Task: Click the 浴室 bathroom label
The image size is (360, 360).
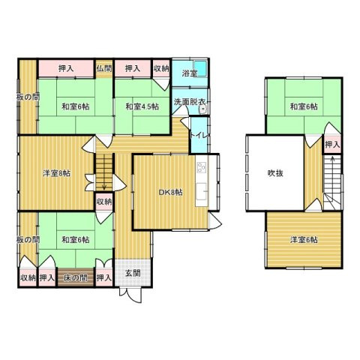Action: click(x=189, y=73)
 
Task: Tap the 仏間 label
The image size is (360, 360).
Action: click(x=104, y=68)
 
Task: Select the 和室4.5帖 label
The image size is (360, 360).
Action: click(x=142, y=106)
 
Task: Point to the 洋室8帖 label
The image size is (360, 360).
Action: click(x=56, y=173)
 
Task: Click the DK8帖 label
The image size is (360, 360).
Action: click(x=171, y=192)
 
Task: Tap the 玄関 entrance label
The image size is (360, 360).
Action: click(x=133, y=273)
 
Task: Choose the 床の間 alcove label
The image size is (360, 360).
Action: click(x=76, y=277)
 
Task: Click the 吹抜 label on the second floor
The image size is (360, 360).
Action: click(x=275, y=173)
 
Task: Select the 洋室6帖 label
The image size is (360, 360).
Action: click(x=304, y=240)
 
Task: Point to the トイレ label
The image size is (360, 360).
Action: click(x=199, y=136)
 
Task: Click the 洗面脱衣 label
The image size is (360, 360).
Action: click(x=190, y=102)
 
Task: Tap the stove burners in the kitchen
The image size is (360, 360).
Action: click(x=202, y=167)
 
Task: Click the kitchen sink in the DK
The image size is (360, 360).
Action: click(x=202, y=191)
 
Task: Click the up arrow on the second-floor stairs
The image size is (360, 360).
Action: click(x=332, y=163)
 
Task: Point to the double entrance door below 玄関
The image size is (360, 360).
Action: click(x=131, y=295)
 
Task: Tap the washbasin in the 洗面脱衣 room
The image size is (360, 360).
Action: click(x=203, y=109)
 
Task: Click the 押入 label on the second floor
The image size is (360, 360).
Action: click(x=332, y=145)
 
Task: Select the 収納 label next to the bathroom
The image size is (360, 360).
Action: click(x=161, y=68)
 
